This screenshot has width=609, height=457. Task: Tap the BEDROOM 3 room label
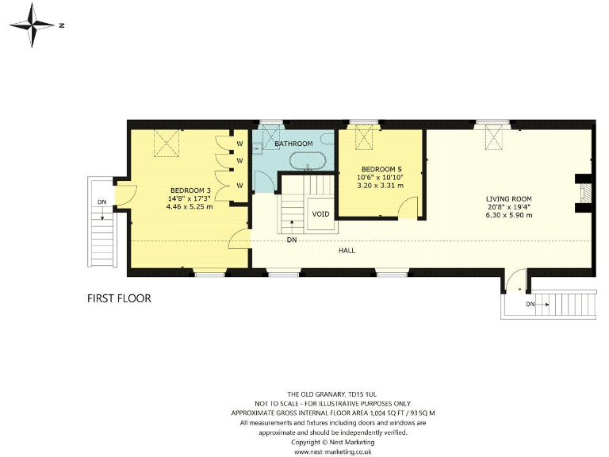(190, 190)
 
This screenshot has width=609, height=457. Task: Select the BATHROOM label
(293, 144)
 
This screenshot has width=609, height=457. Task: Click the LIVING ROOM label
(509, 198)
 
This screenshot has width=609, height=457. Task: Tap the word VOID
(320, 214)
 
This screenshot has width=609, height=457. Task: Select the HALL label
(347, 250)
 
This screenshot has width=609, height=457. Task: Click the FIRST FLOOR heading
(119, 299)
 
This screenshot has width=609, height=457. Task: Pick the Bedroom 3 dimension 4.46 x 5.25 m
(190, 206)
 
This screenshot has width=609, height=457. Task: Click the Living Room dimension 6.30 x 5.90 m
(509, 215)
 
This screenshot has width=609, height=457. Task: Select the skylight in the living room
(495, 141)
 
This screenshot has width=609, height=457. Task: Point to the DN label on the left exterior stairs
(101, 202)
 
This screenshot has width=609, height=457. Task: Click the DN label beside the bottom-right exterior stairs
(530, 304)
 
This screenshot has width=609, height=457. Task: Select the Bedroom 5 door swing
(408, 207)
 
